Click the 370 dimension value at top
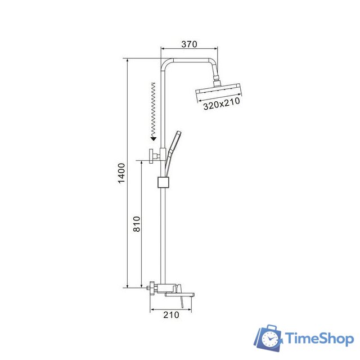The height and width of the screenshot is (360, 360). (x=190, y=44)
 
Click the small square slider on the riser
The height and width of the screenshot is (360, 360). (x=163, y=183)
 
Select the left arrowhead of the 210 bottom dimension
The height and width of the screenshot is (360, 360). (x=152, y=309)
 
